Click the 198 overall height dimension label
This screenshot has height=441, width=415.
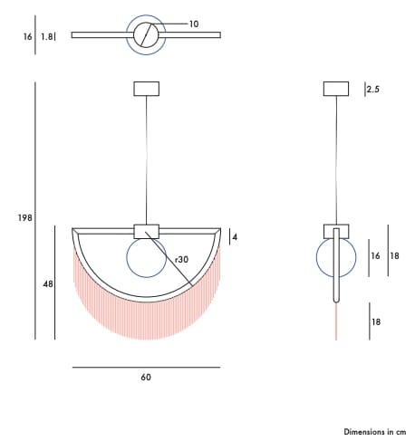tap(24, 217)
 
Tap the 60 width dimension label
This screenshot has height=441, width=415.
tap(146, 377)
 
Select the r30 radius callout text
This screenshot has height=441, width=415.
tap(181, 259)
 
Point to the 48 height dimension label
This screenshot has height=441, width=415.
tap(48, 283)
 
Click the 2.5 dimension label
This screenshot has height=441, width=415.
tap(373, 90)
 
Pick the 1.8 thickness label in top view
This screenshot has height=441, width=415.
tap(47, 36)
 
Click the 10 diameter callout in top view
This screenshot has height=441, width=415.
tap(194, 24)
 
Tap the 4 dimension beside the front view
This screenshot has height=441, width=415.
tap(235, 237)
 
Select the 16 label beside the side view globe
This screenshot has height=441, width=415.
tap(375, 256)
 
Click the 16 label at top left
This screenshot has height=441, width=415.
tap(27, 36)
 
